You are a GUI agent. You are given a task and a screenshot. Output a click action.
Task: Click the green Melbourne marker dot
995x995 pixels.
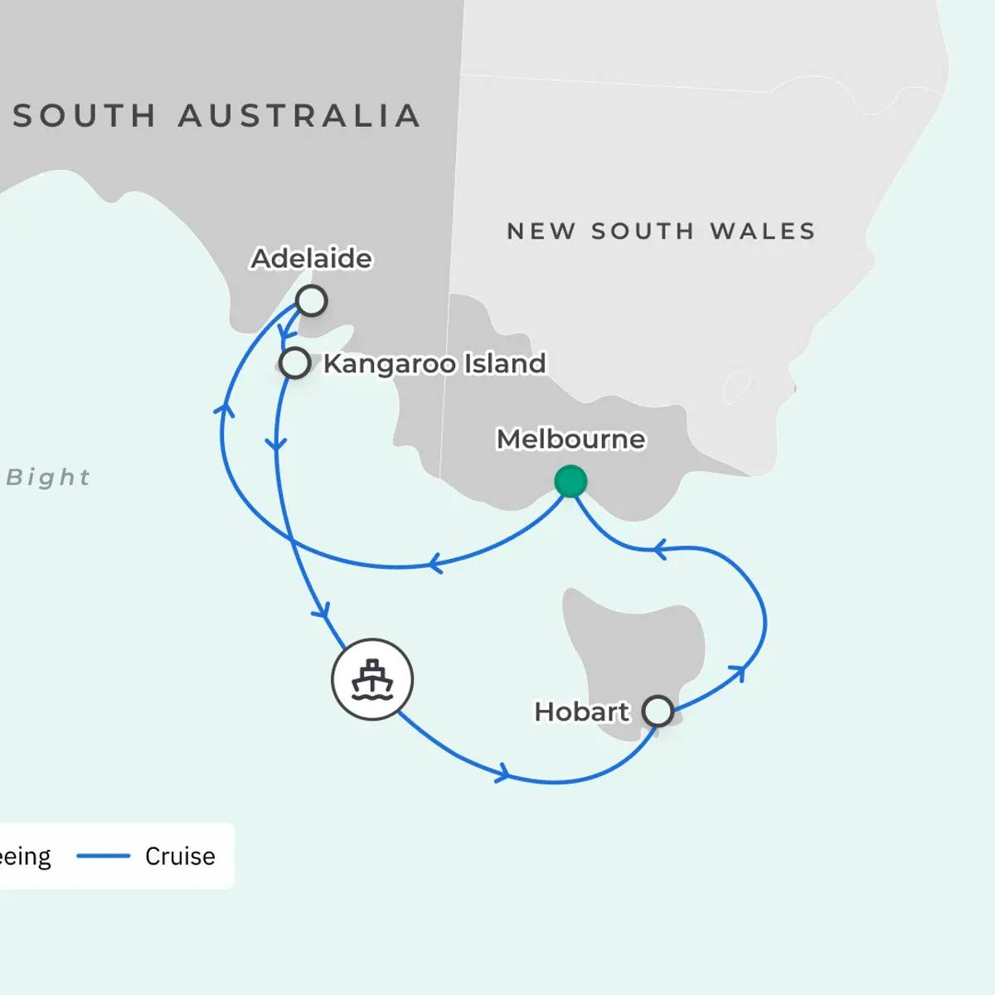coord(570,482)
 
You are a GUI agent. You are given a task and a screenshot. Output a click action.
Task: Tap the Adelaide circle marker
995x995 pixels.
coord(311,300)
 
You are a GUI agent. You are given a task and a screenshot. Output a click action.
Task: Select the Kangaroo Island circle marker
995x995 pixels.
coord(294,363)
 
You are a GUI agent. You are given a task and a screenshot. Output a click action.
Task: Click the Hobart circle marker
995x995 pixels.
coord(658,711)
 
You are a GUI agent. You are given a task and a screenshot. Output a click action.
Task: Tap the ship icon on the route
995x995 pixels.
coord(372,679)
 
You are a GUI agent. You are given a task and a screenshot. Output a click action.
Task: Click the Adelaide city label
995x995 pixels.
coord(311,259)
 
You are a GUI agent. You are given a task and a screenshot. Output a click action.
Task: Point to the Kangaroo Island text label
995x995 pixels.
coord(434,363)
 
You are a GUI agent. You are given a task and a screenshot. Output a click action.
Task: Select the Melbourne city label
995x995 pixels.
coord(570,439)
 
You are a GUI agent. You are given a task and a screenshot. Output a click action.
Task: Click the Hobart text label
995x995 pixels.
coord(581,711)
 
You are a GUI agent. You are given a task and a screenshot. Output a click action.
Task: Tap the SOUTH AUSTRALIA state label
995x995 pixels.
coord(216,116)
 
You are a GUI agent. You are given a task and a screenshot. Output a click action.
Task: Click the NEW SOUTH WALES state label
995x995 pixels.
coord(661,231)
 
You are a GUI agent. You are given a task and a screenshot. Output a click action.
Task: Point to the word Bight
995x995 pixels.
coord(48,478)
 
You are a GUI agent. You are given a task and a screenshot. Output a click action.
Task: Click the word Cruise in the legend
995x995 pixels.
coord(180,856)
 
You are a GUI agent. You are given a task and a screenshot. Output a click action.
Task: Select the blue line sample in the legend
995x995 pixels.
coord(104,856)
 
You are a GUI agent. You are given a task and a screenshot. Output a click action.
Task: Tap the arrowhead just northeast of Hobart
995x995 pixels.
coord(737,672)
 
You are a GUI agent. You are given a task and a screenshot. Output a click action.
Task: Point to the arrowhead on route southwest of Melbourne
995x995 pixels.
coord(434,565)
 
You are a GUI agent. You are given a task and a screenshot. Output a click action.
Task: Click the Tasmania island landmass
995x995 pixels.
coord(630,647)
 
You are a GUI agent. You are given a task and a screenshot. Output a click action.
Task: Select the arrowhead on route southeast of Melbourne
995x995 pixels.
coord(660,549)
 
